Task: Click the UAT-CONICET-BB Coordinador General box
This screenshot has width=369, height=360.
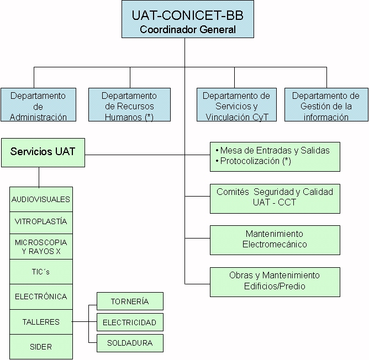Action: pyautogui.click(x=187, y=19)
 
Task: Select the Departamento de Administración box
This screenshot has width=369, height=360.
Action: pyautogui.click(x=38, y=105)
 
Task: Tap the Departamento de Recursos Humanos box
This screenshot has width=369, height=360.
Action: pyautogui.click(x=129, y=105)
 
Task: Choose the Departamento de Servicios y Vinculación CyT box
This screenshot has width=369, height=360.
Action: pyautogui.click(x=236, y=105)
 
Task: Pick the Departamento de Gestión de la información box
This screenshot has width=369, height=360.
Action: pyautogui.click(x=325, y=105)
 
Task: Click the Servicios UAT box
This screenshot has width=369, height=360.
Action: pyautogui.click(x=43, y=152)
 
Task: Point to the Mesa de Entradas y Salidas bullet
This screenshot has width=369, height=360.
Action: pyautogui.click(x=274, y=150)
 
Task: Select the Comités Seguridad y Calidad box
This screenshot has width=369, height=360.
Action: pyautogui.click(x=275, y=198)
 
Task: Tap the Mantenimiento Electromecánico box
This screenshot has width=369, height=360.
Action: pyautogui.click(x=275, y=240)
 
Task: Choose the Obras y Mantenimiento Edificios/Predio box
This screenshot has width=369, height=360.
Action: pyautogui.click(x=275, y=281)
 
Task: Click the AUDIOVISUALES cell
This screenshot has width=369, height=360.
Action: pyautogui.click(x=41, y=199)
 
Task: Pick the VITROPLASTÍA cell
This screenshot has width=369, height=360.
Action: pyautogui.click(x=41, y=221)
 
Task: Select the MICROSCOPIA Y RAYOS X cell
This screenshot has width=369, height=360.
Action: pyautogui.click(x=41, y=247)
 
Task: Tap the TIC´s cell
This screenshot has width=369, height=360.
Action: pyautogui.click(x=41, y=272)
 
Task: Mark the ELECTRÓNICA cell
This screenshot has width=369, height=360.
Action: pyautogui.click(x=41, y=297)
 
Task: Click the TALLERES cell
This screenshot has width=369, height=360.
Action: pyautogui.click(x=41, y=322)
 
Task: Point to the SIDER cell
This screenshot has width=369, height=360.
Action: pyautogui.click(x=41, y=347)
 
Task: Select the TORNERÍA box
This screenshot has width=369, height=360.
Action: pyautogui.click(x=130, y=301)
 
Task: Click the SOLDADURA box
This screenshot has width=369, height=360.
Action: pyautogui.click(x=130, y=343)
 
